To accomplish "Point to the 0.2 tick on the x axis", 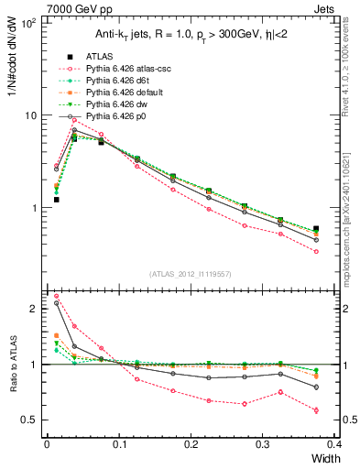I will [191, 444].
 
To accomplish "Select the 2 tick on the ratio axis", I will [37, 309].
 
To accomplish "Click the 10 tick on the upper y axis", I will [32, 116].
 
